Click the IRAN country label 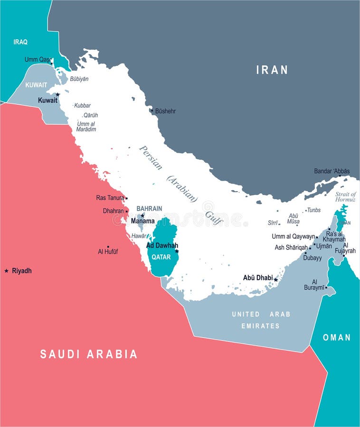tap(272, 70)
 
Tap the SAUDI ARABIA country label tap(89, 354)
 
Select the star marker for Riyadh tap(6, 271)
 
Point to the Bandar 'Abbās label tap(332, 171)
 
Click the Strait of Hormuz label tap(345, 197)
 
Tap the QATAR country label tap(161, 257)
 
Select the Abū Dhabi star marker tap(275, 280)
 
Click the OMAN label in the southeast tap(337, 337)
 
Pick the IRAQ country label tap(20, 42)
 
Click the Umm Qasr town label tap(38, 59)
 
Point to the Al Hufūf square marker tap(108, 247)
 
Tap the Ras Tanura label tap(110, 198)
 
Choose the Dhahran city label tap(113, 211)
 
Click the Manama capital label tap(143, 221)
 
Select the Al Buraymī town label tap(318, 284)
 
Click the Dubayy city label tap(313, 258)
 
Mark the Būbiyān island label tap(79, 79)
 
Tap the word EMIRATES tap(261, 326)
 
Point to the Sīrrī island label tap(273, 222)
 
